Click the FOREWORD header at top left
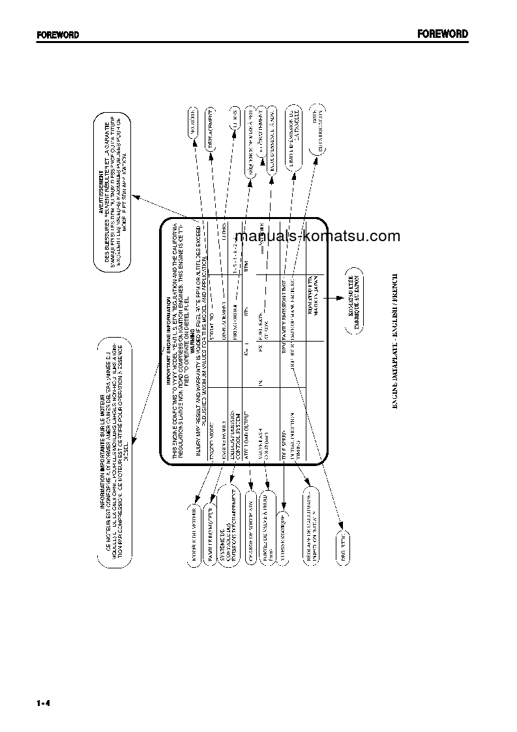click(57, 35)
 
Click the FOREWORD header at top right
click(443, 35)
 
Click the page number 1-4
click(44, 703)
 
